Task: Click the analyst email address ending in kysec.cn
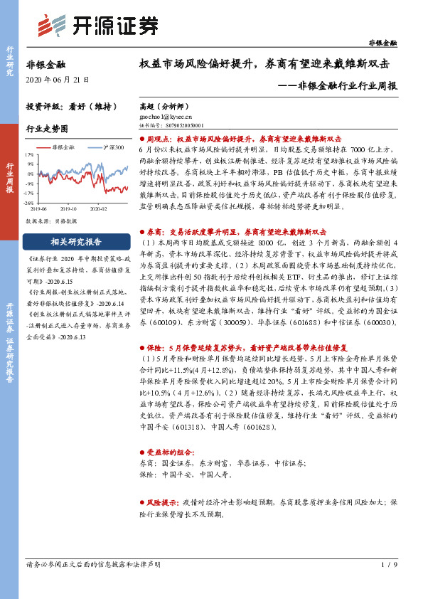coord(164,115)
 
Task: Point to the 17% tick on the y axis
coord(28,154)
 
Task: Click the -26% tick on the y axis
coord(28,203)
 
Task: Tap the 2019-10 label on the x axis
coord(69,209)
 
